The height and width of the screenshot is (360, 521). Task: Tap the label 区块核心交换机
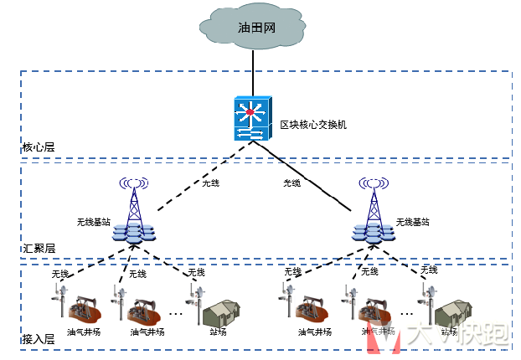[x=312, y=125]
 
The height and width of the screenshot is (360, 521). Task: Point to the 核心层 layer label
[x=38, y=147]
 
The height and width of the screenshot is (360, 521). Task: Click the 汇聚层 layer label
[x=38, y=249]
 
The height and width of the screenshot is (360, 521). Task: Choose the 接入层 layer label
[x=38, y=339]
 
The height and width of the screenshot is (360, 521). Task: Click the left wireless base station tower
[x=132, y=209]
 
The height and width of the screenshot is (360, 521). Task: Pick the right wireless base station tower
[x=372, y=209]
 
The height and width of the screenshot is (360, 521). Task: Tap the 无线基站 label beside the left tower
[x=94, y=222]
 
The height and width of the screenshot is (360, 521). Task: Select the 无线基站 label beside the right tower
[x=412, y=222]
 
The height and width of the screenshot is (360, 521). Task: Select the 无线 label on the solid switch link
[x=291, y=183]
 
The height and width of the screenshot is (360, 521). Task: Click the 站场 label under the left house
[x=219, y=332]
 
